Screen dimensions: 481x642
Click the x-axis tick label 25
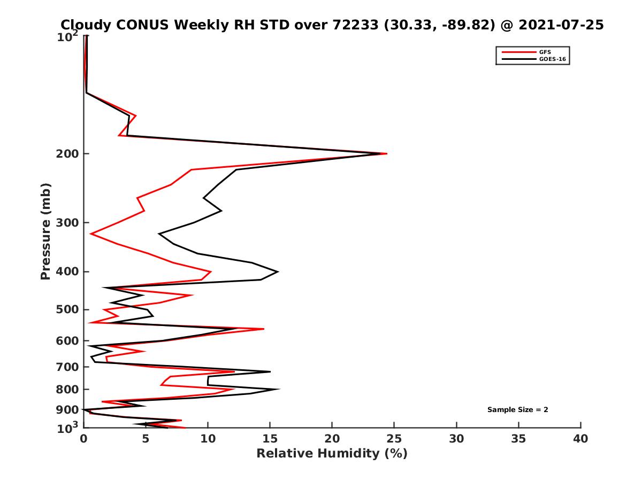click(x=394, y=439)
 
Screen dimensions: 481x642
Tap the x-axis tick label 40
click(x=580, y=439)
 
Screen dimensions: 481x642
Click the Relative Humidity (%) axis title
click(x=332, y=454)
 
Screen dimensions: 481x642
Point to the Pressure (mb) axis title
click(x=45, y=231)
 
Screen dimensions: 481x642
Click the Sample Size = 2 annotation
click(x=517, y=410)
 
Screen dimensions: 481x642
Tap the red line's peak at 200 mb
click(x=386, y=154)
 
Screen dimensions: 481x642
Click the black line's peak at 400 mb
click(x=278, y=271)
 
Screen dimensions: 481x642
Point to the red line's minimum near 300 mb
click(x=91, y=234)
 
